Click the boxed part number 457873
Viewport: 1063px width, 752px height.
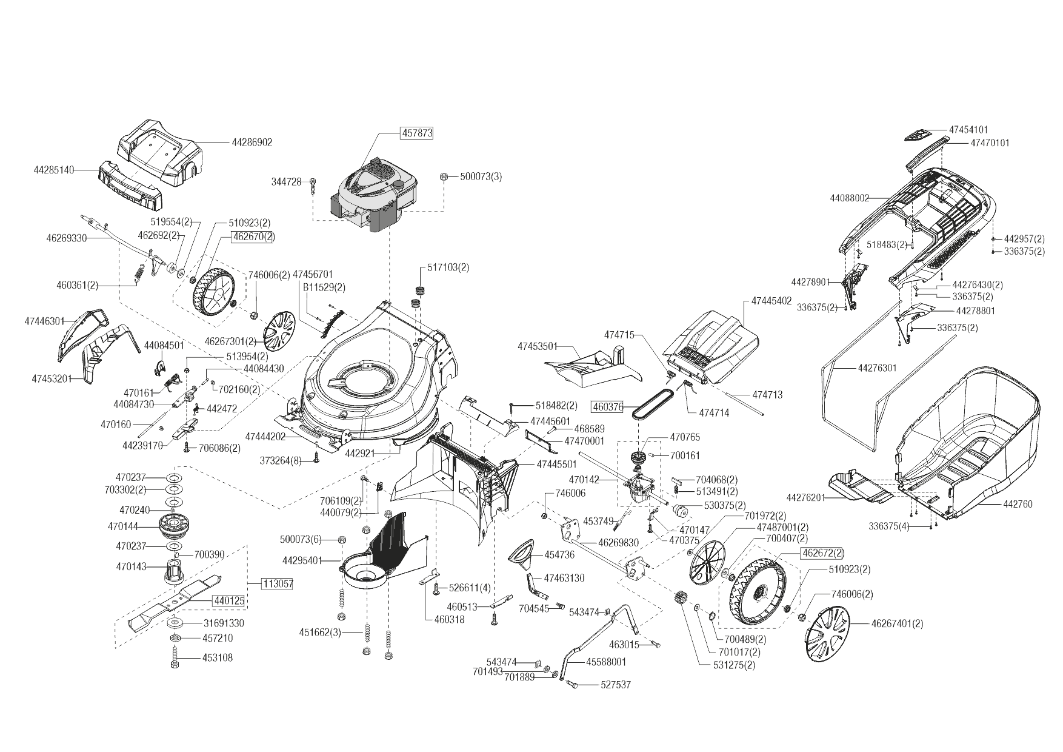416,132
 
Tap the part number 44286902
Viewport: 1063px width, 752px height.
252,143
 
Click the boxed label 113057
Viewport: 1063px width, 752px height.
278,584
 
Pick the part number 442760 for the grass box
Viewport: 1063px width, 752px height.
1018,504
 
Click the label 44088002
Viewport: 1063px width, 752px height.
850,198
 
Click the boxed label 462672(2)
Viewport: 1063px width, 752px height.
822,553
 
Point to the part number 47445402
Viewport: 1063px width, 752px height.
771,301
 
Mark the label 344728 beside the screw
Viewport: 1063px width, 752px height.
287,181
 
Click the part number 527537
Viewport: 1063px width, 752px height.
616,685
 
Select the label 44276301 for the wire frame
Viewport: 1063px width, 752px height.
877,368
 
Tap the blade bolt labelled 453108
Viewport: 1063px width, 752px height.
175,658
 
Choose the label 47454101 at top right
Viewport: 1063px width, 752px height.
968,130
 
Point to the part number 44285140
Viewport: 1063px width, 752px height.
54,170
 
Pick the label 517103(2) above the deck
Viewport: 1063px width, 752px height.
448,267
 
